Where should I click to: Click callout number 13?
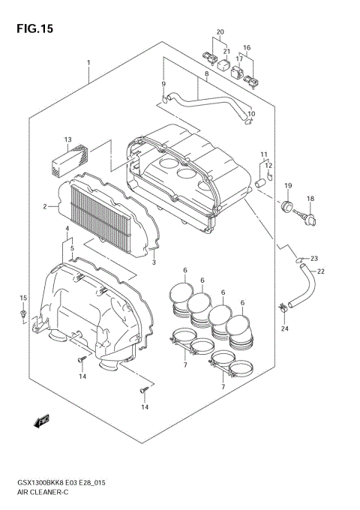point(67,139)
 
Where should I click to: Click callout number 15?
point(23,298)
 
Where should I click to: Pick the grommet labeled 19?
point(286,206)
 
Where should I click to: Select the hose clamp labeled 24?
point(283,307)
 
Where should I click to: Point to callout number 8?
point(205,74)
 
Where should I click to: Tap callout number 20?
point(220,32)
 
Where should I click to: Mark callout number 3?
point(153,262)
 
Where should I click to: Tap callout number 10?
point(251,114)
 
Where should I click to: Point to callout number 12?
point(268,166)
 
